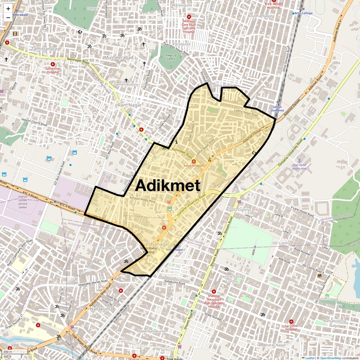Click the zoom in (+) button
pyautogui.click(x=8, y=9)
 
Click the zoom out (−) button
pyautogui.click(x=8, y=18)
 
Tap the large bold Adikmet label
pyautogui.click(x=167, y=185)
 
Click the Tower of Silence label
pyautogui.click(x=171, y=57)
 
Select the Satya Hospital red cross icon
pyautogui.click(x=194, y=161)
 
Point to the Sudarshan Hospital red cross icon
pyautogui.click(x=53, y=64)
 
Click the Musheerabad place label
pyautogui.click(x=118, y=57)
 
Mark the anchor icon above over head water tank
pyautogui.click(x=299, y=161)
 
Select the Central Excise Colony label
pyautogui.click(x=232, y=279)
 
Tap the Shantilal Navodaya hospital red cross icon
pyautogui.click(x=214, y=291)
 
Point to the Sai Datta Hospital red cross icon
pyautogui.click(x=291, y=322)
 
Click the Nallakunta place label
pyautogui.click(x=101, y=309)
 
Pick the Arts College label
pyautogui.click(x=303, y=13)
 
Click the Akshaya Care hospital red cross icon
pyautogui.click(x=189, y=17)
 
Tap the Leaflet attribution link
pyautogui.click(x=310, y=358)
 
